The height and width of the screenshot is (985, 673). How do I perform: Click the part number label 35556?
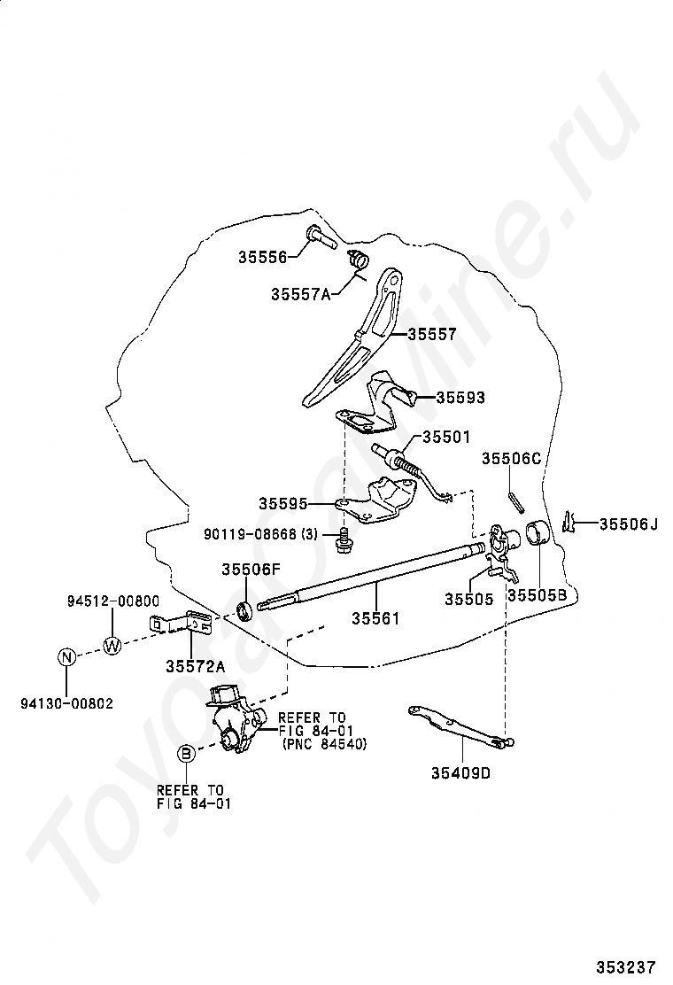(x=262, y=258)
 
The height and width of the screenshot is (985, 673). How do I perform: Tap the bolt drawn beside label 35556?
(x=318, y=236)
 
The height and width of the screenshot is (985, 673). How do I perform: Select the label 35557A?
(x=300, y=294)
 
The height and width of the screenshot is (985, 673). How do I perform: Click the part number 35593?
(x=459, y=398)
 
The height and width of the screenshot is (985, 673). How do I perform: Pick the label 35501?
(x=446, y=437)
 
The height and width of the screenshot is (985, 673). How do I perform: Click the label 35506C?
(x=511, y=458)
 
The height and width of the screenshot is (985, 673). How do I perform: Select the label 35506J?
(x=629, y=524)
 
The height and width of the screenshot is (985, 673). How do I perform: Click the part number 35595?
(x=283, y=503)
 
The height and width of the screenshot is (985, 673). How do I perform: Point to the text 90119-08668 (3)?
(x=260, y=534)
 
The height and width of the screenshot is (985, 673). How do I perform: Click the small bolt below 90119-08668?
(x=343, y=539)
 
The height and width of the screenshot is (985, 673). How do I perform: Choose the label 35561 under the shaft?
(x=375, y=618)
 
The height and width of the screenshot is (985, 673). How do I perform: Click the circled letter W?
(x=112, y=645)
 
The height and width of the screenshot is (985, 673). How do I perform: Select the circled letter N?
(x=66, y=657)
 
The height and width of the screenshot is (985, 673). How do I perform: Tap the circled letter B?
(x=186, y=754)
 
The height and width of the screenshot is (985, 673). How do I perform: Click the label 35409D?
(x=460, y=772)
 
